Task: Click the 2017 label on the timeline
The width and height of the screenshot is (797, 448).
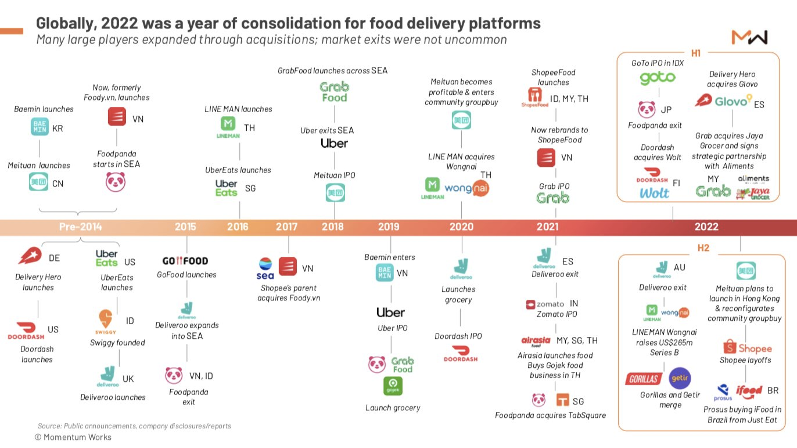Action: point(286,227)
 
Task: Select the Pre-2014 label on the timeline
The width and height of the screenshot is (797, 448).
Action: point(80,227)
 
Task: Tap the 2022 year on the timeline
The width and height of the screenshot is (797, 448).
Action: point(706,227)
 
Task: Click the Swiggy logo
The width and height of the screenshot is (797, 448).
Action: point(106,322)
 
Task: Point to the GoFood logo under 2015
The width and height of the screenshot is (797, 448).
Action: point(185,261)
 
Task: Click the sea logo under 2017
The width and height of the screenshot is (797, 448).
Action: point(265,268)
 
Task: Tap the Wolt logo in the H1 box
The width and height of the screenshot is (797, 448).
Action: point(654,193)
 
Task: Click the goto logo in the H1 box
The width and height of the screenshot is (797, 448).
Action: point(658,78)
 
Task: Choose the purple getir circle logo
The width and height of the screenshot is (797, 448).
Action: point(680,378)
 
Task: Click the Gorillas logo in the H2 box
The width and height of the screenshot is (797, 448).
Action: point(644,379)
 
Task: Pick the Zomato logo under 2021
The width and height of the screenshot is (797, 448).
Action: point(545,304)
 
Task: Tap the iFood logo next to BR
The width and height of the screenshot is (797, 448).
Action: point(749,391)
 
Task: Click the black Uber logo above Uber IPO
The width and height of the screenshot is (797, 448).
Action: point(390,313)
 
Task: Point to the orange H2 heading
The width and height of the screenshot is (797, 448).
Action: point(703,248)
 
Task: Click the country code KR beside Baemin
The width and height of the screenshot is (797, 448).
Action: point(58,128)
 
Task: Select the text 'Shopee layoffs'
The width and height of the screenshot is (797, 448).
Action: point(745,360)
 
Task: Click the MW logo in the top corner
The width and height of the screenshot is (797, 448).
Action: point(749,38)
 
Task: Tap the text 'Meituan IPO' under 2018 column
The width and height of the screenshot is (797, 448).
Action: point(334,175)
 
